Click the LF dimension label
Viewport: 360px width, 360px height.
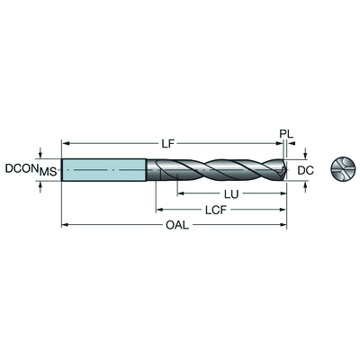pos(168,144)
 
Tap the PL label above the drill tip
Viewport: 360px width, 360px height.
pos(286,133)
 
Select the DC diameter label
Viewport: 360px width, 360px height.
pos(306,170)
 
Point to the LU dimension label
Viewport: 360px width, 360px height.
pos(231,194)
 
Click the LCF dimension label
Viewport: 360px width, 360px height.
pos(216,210)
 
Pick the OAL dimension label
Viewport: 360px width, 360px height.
pos(177,225)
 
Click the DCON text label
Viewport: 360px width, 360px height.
pos(22,168)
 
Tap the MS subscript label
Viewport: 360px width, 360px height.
pos(49,172)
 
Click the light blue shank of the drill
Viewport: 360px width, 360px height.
pos(104,170)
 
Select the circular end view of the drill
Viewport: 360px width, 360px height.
pos(342,170)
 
